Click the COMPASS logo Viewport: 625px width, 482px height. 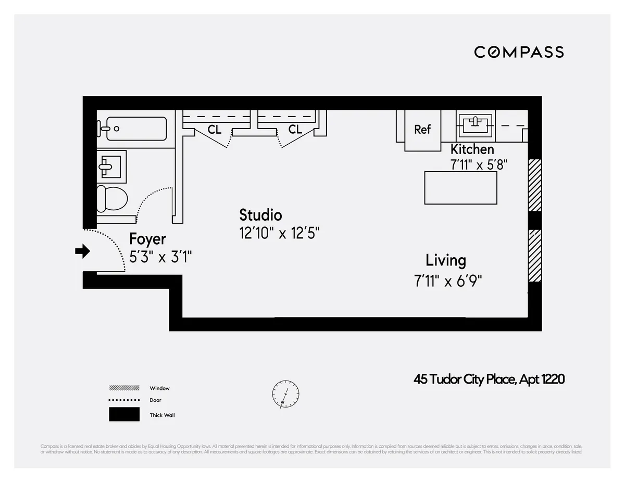coord(519,52)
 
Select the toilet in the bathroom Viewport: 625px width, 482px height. coord(112,198)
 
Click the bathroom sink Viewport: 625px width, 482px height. coord(111,166)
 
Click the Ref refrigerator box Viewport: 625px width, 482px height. coord(422,130)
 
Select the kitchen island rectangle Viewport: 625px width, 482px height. coord(460,188)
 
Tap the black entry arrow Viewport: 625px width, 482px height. coord(82,252)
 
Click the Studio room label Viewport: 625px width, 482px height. coord(260,215)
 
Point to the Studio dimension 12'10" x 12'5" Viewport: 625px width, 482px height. coord(279,233)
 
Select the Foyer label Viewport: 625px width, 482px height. coord(147,239)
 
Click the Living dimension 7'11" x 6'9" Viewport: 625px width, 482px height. coord(448,281)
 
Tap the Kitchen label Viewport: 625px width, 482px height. coord(472,149)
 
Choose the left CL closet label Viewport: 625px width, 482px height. coord(215,130)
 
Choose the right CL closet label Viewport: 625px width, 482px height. coord(295,130)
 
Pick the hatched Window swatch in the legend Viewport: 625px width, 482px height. coord(124,388)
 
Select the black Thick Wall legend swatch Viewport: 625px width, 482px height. coord(124,414)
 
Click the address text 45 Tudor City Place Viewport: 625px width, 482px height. coord(489,380)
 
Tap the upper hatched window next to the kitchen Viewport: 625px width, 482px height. coord(535,185)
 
